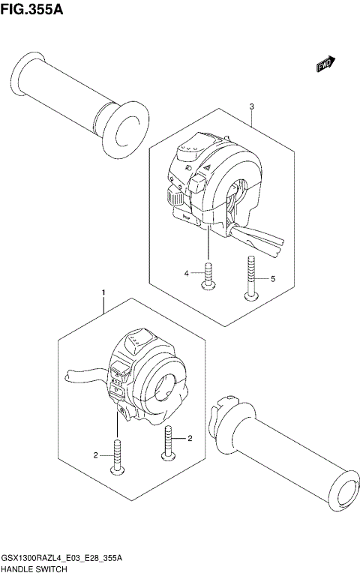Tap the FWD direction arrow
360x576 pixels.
pos(326,66)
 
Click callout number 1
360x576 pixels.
pos(103,291)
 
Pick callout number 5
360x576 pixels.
pos(272,278)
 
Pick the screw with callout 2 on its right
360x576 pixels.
pos(169,442)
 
